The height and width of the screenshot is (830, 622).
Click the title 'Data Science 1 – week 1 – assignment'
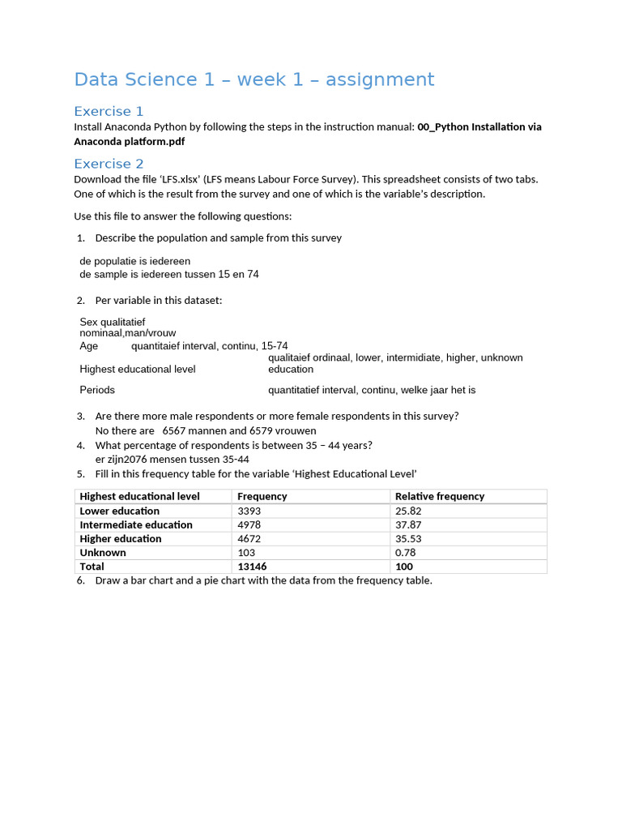pos(253,79)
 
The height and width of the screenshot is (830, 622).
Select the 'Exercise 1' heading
pos(109,111)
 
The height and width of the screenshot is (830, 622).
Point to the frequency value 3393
pos(249,511)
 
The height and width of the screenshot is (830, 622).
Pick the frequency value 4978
pos(249,524)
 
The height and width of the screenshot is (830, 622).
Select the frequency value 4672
pos(249,538)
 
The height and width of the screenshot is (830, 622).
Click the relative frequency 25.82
pos(408,511)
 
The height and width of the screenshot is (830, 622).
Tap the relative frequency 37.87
pos(408,524)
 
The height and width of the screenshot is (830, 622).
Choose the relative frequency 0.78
pos(405,552)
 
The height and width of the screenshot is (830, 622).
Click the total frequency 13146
pos(252,567)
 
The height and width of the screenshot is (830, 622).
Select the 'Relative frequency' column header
pos(439,496)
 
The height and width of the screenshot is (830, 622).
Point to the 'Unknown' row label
pos(103,552)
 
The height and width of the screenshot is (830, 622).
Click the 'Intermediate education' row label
pos(136,524)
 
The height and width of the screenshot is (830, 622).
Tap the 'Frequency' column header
pos(262,496)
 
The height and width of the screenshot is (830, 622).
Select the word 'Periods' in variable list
pos(97,390)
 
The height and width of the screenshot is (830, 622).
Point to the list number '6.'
pos(81,580)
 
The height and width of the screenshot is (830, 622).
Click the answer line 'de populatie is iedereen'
pos(135,261)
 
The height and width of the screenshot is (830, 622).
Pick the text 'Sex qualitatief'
pos(113,322)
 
